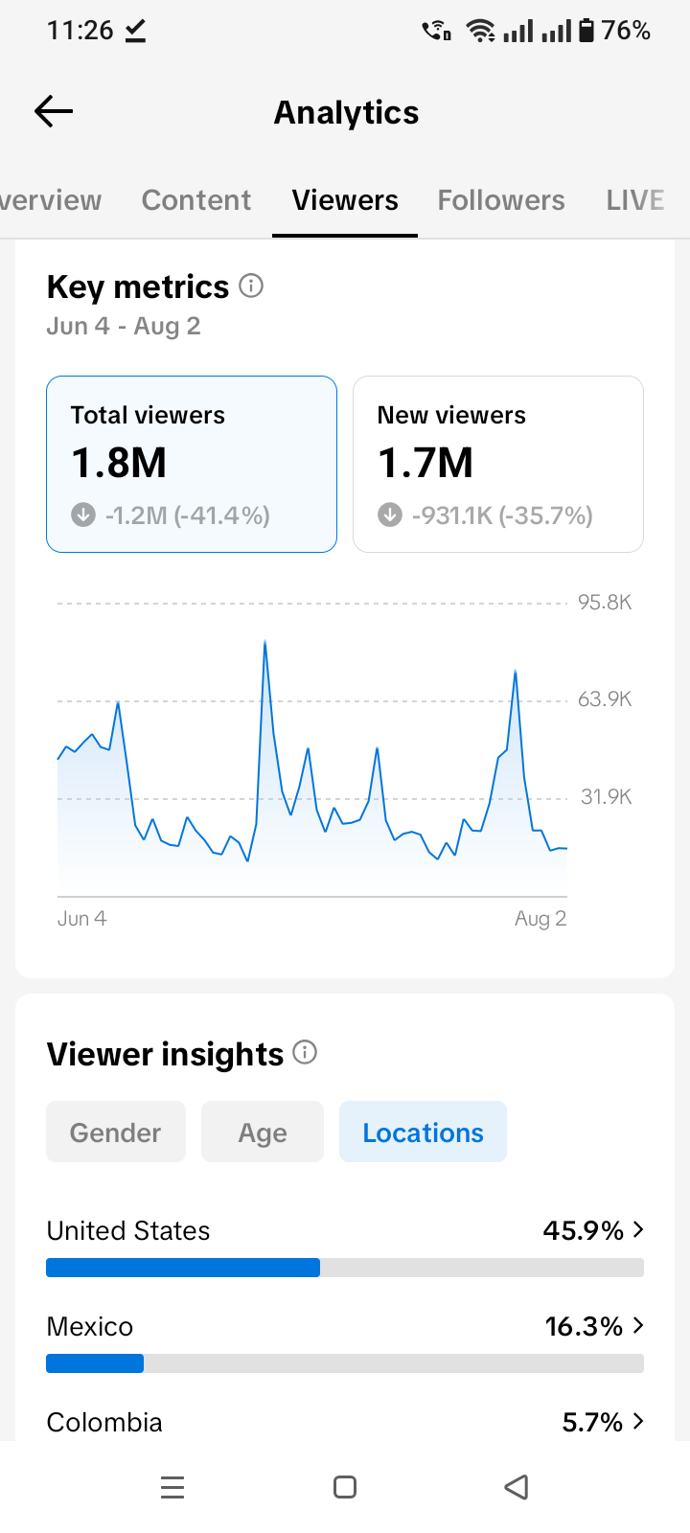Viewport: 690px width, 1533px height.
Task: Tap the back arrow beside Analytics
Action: [x=54, y=111]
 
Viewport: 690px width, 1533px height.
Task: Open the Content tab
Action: [x=196, y=200]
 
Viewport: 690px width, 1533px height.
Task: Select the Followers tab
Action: [x=501, y=200]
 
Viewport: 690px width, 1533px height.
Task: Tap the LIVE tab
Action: [x=635, y=200]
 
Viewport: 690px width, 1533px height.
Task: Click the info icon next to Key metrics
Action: [x=251, y=286]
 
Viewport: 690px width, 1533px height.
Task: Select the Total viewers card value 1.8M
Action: [x=119, y=463]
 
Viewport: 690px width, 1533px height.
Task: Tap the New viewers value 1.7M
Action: [x=425, y=463]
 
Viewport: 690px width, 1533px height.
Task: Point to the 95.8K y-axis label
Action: [x=605, y=603]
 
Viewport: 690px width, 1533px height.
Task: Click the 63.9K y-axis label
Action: [x=605, y=699]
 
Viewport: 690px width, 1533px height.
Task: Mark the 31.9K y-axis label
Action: [x=606, y=796]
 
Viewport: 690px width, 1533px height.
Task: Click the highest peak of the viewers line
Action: [x=264, y=641]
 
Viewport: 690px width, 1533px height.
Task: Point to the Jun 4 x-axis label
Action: [x=82, y=919]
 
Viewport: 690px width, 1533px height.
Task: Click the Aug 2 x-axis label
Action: [x=540, y=919]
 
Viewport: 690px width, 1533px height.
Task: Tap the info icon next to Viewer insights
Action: [x=305, y=1052]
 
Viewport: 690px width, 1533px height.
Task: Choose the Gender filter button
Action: [x=116, y=1132]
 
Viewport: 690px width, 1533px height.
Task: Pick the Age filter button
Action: [x=263, y=1132]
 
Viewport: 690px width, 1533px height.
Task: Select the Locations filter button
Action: [x=423, y=1132]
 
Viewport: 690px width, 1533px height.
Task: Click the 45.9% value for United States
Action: [x=584, y=1230]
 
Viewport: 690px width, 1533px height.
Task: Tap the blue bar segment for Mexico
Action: [x=95, y=1363]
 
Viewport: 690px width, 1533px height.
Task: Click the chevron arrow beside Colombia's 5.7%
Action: [x=638, y=1422]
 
